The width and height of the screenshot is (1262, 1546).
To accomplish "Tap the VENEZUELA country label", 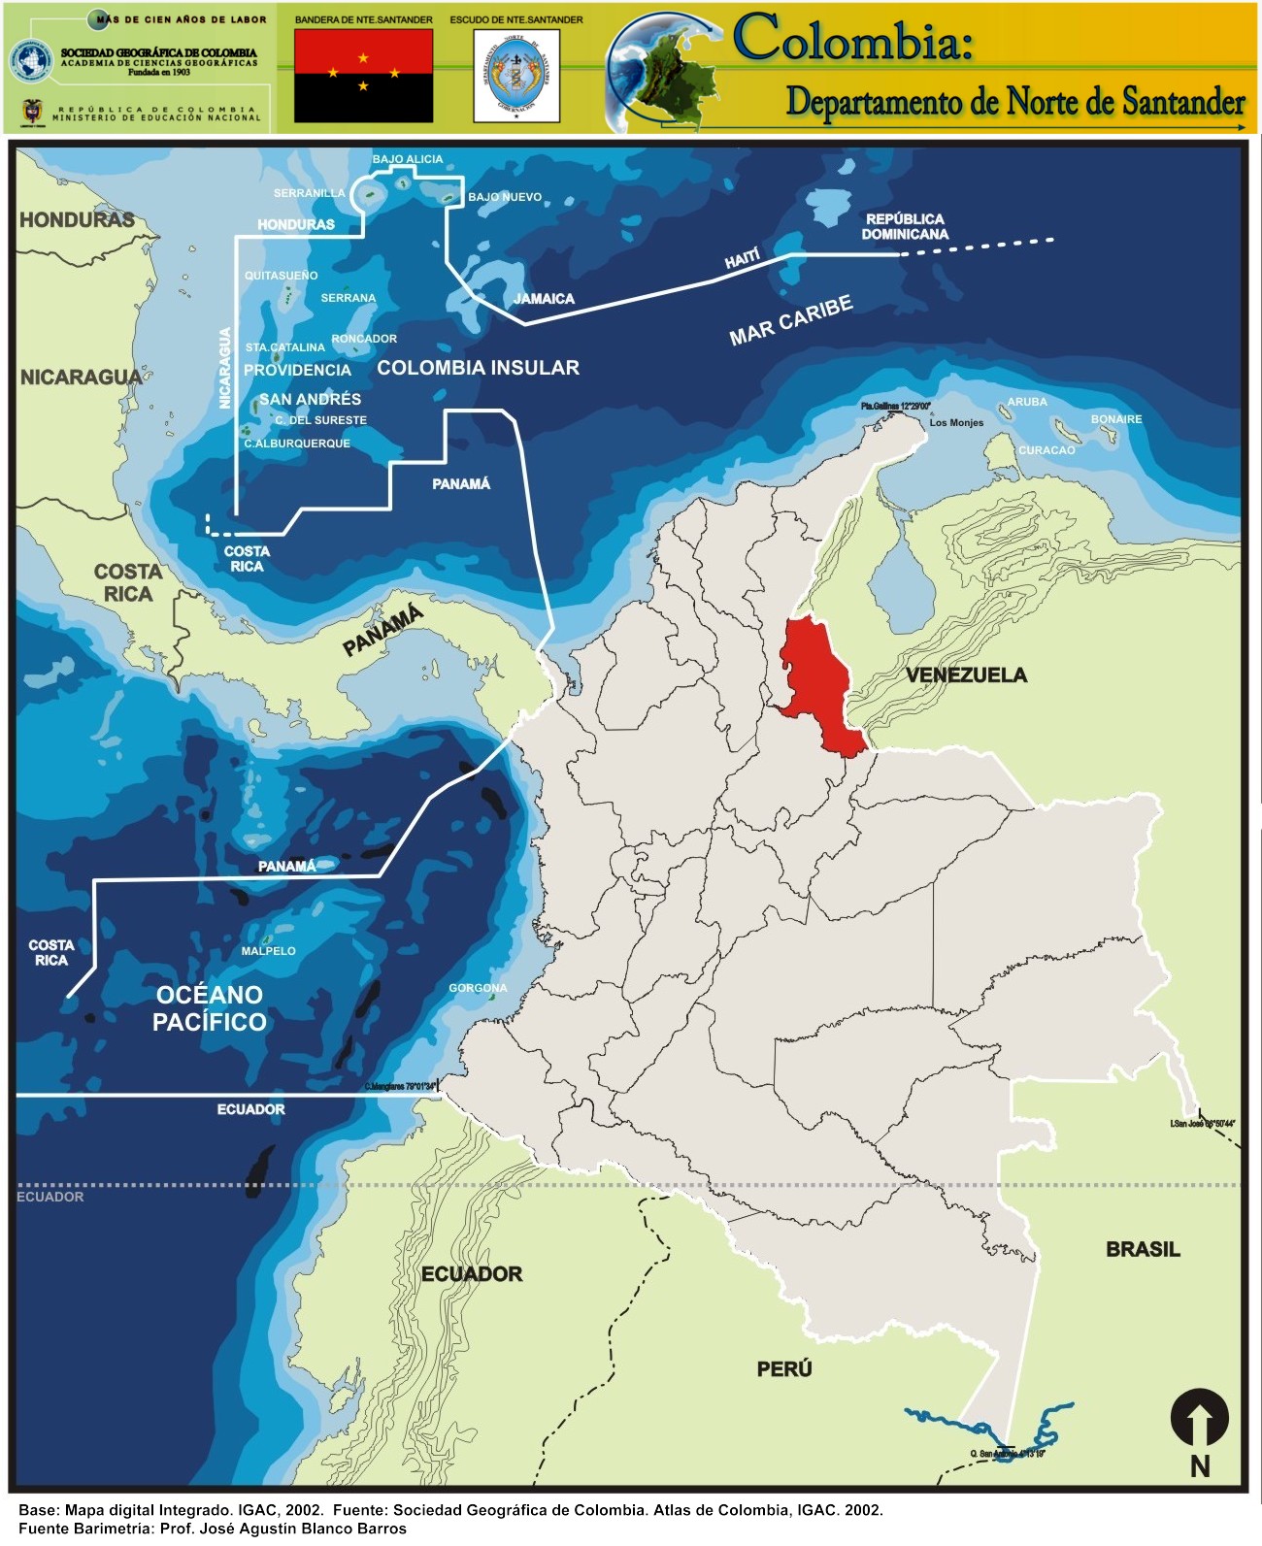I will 966,674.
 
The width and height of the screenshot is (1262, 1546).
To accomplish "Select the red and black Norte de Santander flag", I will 363,75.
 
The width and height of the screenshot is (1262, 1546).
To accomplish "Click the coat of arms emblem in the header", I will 516,75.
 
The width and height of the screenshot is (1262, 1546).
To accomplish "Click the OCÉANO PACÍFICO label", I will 210,1007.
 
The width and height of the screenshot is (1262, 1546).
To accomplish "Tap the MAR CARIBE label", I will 791,320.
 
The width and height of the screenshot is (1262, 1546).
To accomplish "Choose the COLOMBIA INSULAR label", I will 478,368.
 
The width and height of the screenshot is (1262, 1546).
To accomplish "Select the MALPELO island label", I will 268,951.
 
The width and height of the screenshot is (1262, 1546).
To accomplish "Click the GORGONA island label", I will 478,988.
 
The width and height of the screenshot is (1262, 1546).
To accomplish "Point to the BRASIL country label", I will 1143,1249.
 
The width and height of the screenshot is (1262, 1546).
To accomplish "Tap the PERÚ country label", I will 784,1368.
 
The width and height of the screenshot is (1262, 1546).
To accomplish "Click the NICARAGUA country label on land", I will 81,377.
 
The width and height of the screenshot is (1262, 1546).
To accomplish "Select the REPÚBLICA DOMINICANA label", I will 905,226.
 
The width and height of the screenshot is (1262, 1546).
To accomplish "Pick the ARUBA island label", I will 1027,402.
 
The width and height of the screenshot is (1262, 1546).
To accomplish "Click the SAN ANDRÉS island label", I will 310,399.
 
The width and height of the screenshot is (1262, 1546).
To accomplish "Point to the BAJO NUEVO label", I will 505,197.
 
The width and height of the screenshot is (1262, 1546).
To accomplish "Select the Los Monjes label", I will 956,423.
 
